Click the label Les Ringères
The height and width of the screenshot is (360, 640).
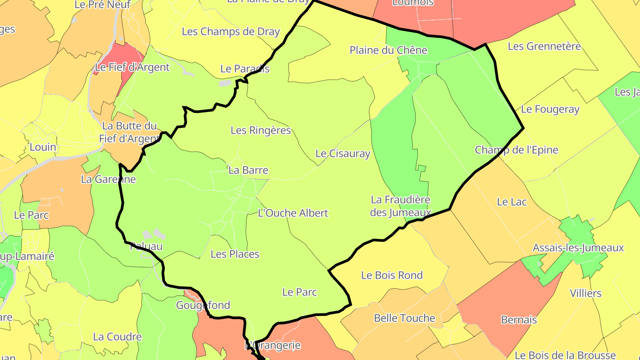pos(260,130)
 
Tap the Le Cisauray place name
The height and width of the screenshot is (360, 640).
pos(343,154)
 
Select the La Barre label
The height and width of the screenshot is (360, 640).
pos(248,170)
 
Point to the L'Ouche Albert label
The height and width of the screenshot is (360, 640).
pos(293,213)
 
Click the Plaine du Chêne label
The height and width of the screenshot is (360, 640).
pos(388,50)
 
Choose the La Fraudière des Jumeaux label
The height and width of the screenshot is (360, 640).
pos(400,206)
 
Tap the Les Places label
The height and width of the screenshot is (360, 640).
pos(235,254)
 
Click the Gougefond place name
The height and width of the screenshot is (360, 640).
pos(203,305)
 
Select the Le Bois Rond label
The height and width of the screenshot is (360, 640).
pos(392,276)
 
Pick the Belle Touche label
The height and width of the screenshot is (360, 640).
pos(404,318)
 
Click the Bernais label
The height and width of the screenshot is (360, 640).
pos(519,320)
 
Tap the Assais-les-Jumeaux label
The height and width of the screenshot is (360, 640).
pos(578,248)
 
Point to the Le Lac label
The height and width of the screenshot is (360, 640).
pos(512,202)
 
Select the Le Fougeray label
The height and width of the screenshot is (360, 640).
pos(550,109)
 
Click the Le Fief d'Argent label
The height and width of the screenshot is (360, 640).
pos(132,68)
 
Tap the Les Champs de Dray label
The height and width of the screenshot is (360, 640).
pos(231,32)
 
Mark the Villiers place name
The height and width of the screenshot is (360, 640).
pos(585,293)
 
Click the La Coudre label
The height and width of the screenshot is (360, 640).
pos(117,337)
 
